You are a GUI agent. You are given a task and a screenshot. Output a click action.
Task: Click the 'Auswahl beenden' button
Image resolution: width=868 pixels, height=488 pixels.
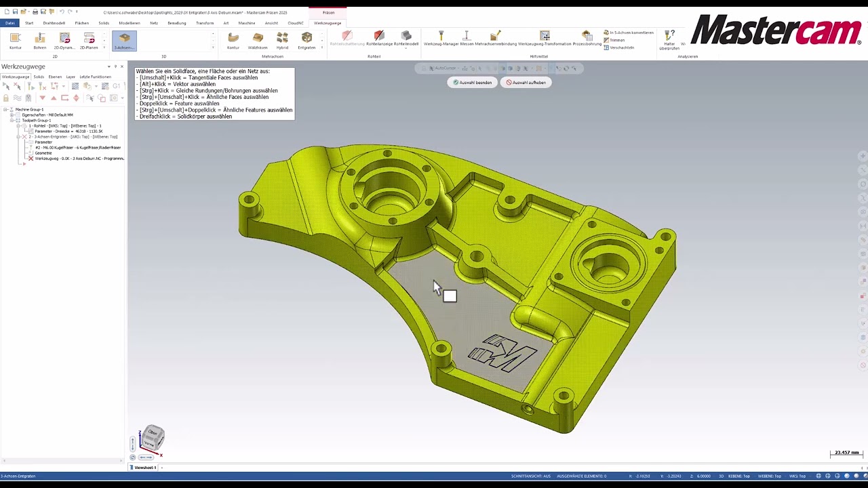click(x=472, y=82)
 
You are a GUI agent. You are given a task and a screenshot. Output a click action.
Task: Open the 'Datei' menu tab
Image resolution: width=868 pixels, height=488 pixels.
click(x=9, y=23)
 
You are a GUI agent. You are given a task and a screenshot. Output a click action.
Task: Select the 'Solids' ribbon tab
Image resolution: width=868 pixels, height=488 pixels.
click(x=104, y=23)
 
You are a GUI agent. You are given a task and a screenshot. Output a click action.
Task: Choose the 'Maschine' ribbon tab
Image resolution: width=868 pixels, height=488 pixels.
click(x=247, y=23)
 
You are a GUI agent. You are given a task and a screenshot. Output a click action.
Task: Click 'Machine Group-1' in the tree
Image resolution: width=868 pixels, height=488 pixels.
click(x=29, y=109)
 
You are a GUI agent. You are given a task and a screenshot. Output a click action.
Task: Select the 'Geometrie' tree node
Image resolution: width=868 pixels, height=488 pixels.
click(x=43, y=152)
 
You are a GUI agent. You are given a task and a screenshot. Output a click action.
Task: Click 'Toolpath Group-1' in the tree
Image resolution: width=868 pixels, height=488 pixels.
click(x=36, y=120)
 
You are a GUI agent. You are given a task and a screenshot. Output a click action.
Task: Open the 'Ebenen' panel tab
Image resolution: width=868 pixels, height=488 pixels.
click(x=55, y=77)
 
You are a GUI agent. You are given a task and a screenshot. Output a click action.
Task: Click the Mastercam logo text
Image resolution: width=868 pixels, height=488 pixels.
click(x=776, y=31)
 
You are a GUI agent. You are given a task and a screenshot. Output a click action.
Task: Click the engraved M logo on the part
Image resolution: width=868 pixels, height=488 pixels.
click(x=502, y=353)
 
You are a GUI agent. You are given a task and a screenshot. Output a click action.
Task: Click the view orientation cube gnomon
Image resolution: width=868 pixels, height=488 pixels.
click(x=153, y=438)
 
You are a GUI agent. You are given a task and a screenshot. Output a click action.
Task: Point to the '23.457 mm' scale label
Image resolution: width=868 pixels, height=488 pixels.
click(x=846, y=452)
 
